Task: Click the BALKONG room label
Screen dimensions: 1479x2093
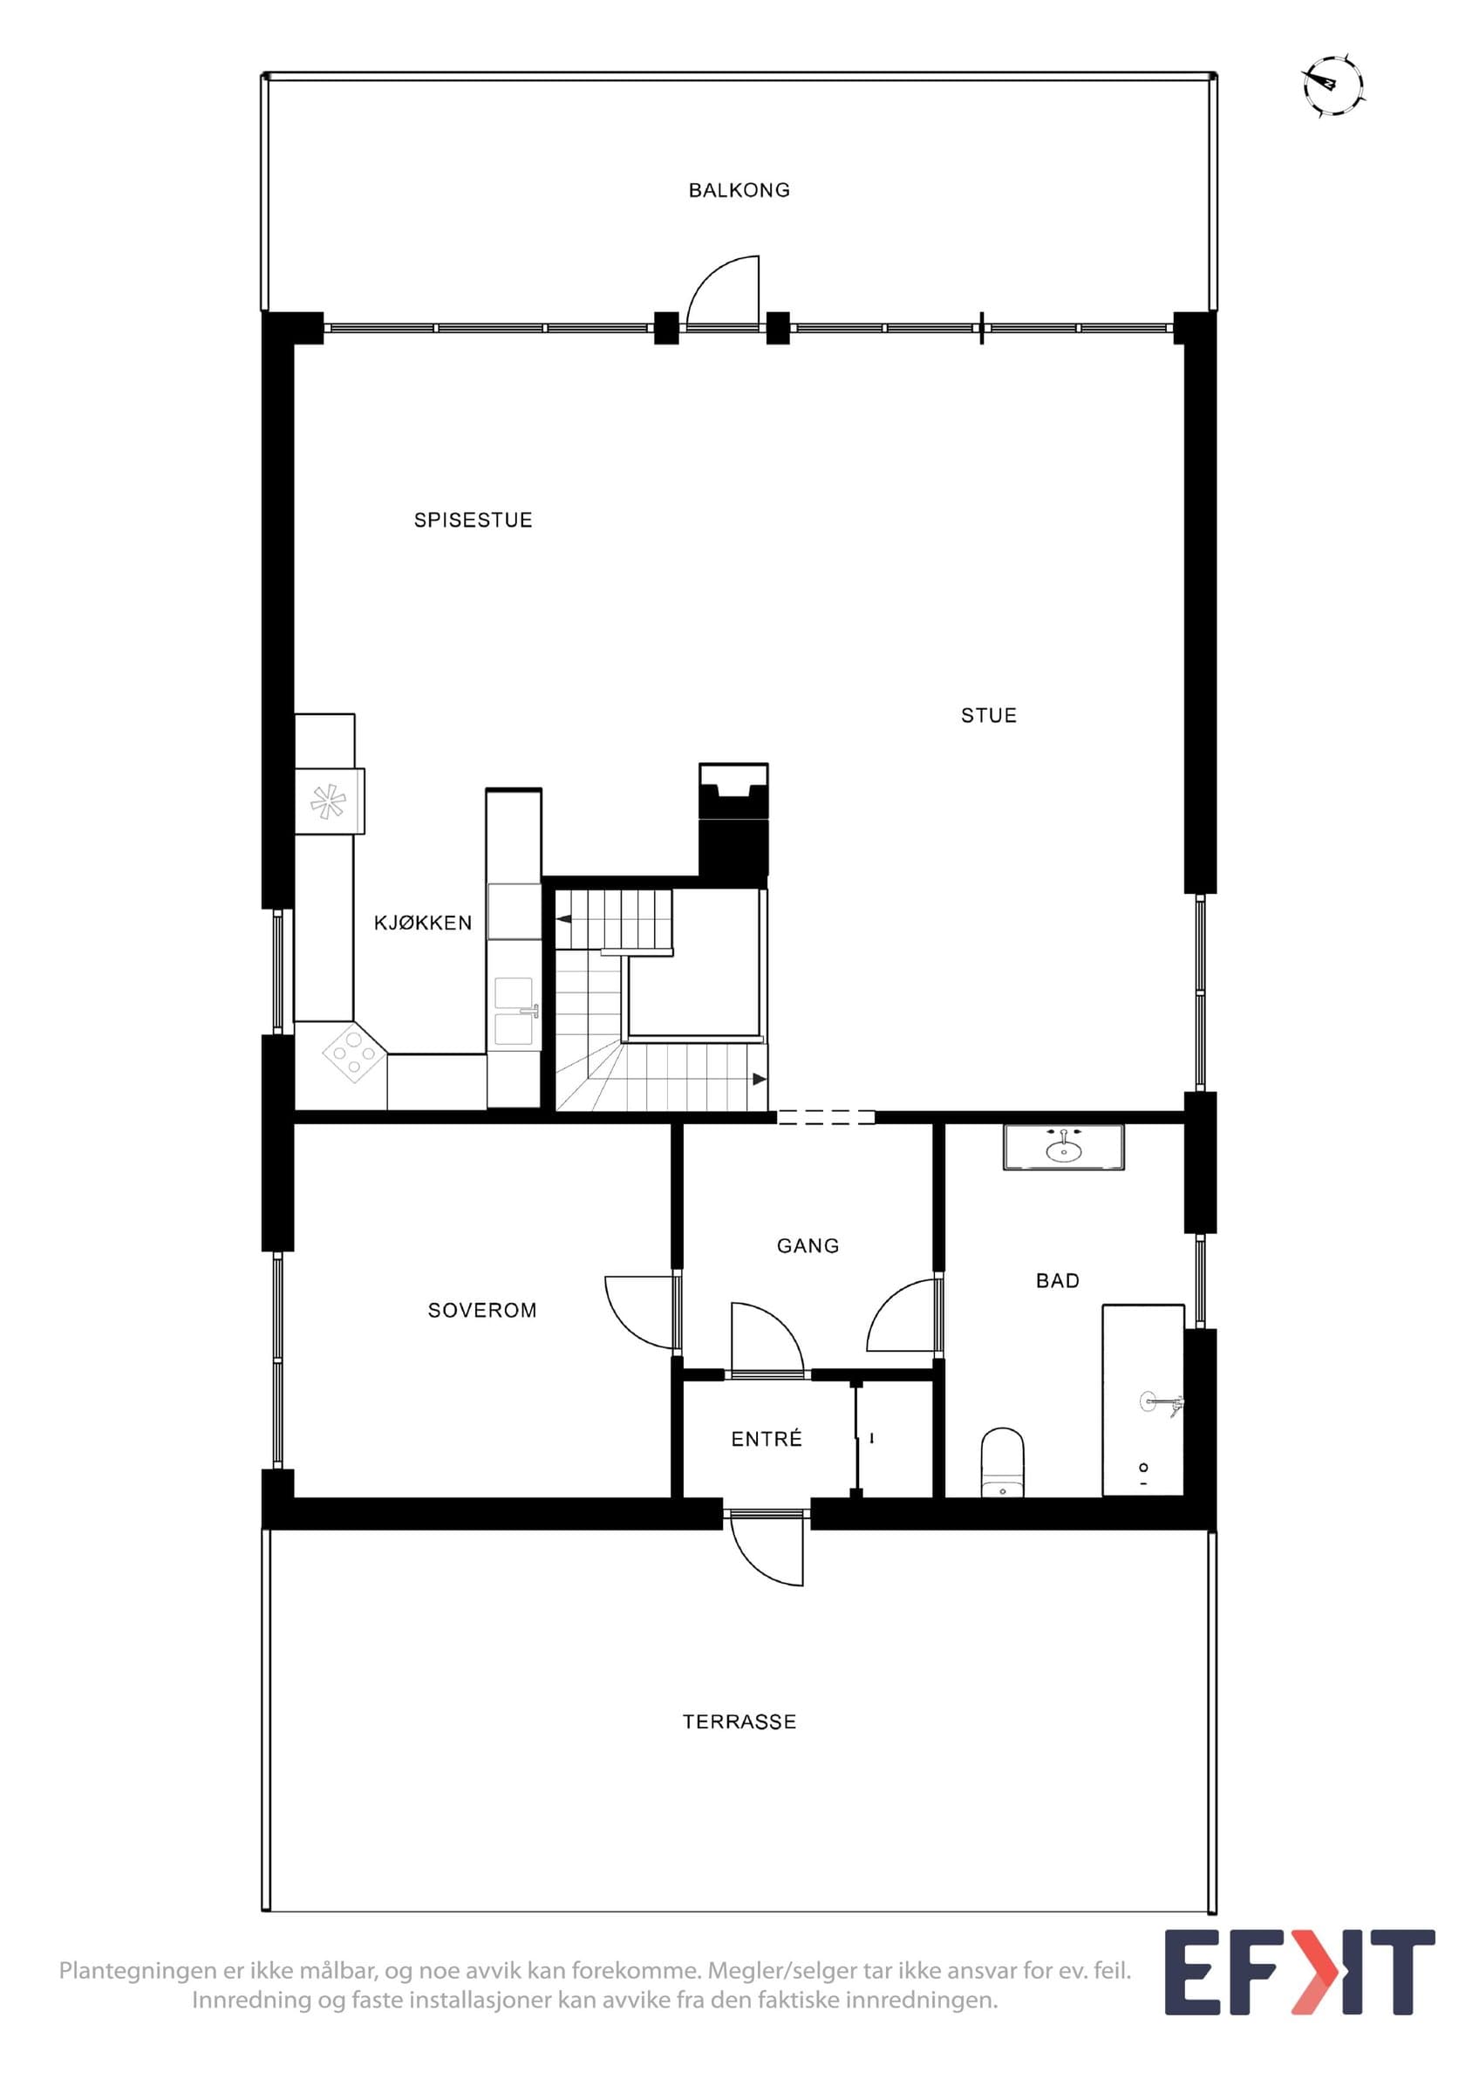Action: pyautogui.click(x=739, y=190)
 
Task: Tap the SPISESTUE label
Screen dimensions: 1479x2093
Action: pyautogui.click(x=473, y=521)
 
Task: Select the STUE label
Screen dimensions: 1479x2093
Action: pyautogui.click(x=989, y=716)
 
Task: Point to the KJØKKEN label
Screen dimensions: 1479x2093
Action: pyautogui.click(x=423, y=923)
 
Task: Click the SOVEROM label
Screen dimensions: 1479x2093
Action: pyautogui.click(x=482, y=1310)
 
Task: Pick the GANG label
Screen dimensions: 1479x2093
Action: pyautogui.click(x=808, y=1245)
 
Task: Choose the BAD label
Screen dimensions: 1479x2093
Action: pyautogui.click(x=1057, y=1281)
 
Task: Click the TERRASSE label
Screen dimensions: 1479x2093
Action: pyautogui.click(x=739, y=1722)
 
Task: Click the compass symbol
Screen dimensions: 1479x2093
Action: pyautogui.click(x=1333, y=86)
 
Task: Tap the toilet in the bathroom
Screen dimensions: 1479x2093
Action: pyautogui.click(x=1002, y=1463)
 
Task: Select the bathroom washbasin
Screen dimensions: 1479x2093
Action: pyautogui.click(x=1063, y=1147)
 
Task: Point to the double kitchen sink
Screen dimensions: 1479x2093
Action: pyautogui.click(x=515, y=1011)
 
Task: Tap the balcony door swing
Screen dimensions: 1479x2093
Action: pyautogui.click(x=722, y=291)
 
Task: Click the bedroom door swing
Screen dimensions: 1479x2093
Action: pyautogui.click(x=642, y=1312)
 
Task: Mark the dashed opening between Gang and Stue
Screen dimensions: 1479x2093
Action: pyautogui.click(x=826, y=1118)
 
